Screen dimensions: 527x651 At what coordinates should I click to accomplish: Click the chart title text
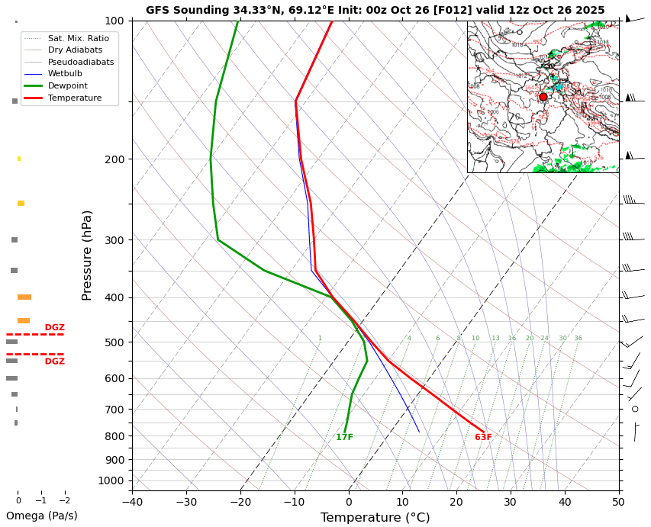375,10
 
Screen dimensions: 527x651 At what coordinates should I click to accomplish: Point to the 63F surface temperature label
483,437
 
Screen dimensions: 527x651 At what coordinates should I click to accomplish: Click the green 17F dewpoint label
344,437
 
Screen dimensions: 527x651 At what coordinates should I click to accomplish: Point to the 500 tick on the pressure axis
114,342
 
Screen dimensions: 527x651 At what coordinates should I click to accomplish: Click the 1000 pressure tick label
112,480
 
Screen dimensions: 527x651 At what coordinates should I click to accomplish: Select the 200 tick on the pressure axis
114,159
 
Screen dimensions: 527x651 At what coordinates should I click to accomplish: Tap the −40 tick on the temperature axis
132,502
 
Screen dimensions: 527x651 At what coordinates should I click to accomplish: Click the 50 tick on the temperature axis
618,502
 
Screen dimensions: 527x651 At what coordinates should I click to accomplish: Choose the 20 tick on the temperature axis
456,502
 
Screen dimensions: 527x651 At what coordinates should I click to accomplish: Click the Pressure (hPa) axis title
87,255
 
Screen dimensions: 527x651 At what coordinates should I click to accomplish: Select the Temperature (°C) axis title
375,518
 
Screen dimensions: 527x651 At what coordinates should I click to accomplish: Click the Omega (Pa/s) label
41,516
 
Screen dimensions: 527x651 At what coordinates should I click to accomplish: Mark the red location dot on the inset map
543,97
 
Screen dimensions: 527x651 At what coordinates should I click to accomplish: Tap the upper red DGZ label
54,328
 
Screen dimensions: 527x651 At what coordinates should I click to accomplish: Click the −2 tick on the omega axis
65,501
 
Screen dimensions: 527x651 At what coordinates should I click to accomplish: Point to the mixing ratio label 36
578,339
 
